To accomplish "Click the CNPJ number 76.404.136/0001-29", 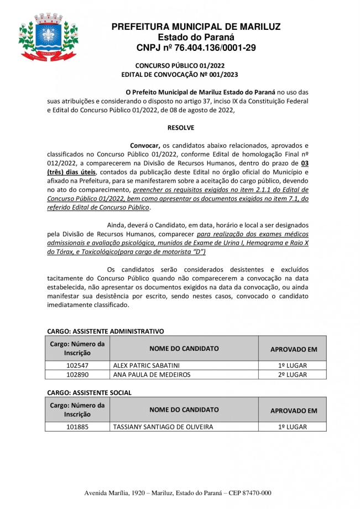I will click(x=196, y=48).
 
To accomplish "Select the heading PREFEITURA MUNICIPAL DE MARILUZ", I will click(x=196, y=27).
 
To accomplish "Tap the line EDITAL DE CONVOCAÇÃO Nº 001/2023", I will click(x=180, y=74).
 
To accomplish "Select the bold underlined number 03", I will click(x=304, y=163).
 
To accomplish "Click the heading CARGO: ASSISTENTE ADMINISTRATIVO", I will click(x=106, y=331).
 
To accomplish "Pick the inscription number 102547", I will click(x=77, y=366).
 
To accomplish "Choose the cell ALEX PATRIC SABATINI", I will click(x=146, y=366).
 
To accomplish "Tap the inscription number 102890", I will click(x=77, y=375).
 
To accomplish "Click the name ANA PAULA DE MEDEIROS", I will click(x=152, y=375).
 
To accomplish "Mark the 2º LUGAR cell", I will click(x=293, y=375).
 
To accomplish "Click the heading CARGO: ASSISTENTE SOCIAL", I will click(x=90, y=392).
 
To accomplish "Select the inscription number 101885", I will click(x=77, y=427).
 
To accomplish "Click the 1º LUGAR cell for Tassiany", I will click(x=293, y=427).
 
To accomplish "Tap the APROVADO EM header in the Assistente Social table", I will click(x=293, y=411).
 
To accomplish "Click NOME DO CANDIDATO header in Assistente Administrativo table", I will click(x=184, y=349).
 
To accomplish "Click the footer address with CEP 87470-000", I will click(x=178, y=493).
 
